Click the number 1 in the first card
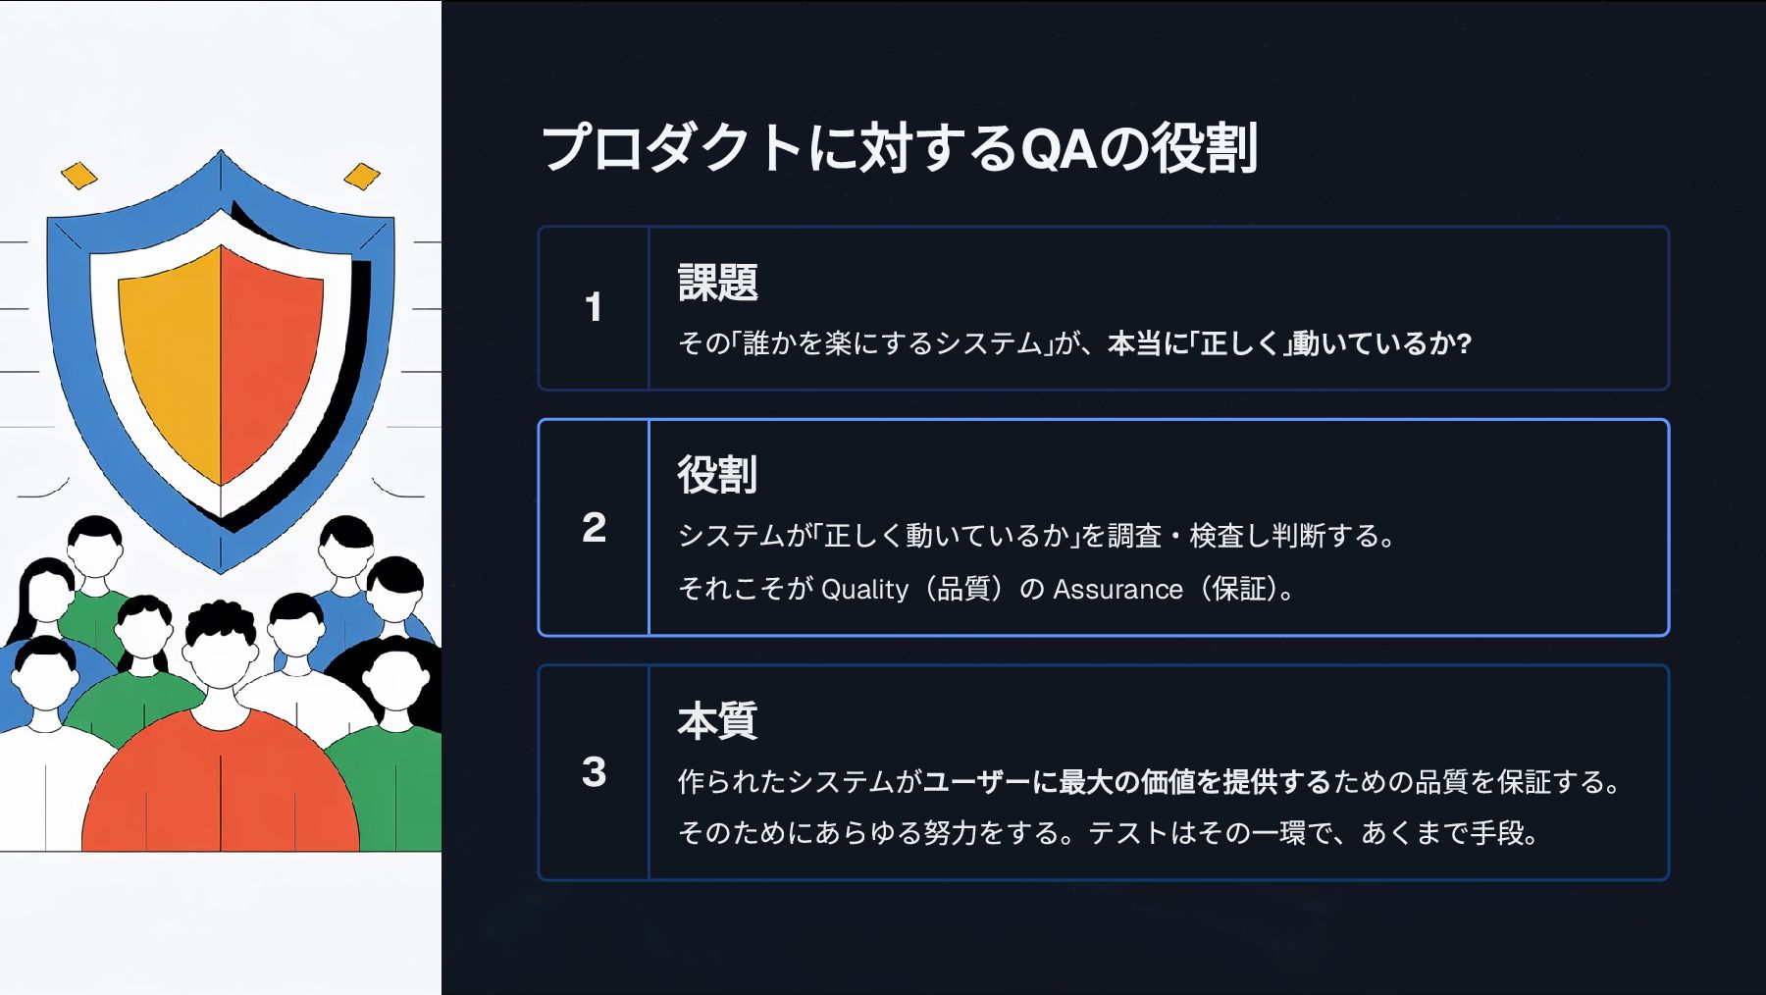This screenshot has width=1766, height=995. pyautogui.click(x=593, y=307)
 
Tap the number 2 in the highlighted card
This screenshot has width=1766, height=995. pyautogui.click(x=594, y=528)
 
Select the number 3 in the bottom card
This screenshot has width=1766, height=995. pyautogui.click(x=594, y=772)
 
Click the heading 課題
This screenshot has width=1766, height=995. pyautogui.click(x=717, y=283)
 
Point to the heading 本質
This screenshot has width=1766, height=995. pyautogui.click(x=717, y=721)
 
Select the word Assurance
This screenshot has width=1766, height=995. pyautogui.click(x=1117, y=589)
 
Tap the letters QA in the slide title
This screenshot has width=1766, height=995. pyautogui.click(x=1058, y=149)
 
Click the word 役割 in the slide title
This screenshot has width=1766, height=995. pyautogui.click(x=1204, y=149)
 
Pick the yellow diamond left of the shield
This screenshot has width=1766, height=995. pyautogui.click(x=79, y=176)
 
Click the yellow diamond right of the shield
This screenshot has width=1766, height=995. pyautogui.click(x=362, y=177)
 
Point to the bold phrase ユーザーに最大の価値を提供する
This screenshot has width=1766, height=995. pyautogui.click(x=1126, y=782)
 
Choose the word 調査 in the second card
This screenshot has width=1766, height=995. pyautogui.click(x=1133, y=536)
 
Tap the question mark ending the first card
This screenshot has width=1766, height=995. pyautogui.click(x=1464, y=343)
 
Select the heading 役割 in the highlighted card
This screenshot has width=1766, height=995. pyautogui.click(x=717, y=475)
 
